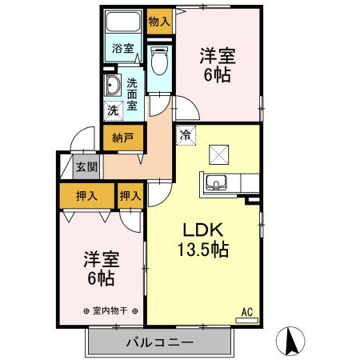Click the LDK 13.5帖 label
(202, 238)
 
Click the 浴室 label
(122, 49)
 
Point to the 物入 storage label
(158, 21)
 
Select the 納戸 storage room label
(122, 138)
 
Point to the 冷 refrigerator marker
(186, 135)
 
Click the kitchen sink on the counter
(216, 184)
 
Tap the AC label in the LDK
(247, 311)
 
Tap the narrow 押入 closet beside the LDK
(130, 195)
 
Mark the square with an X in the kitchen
(218, 152)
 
